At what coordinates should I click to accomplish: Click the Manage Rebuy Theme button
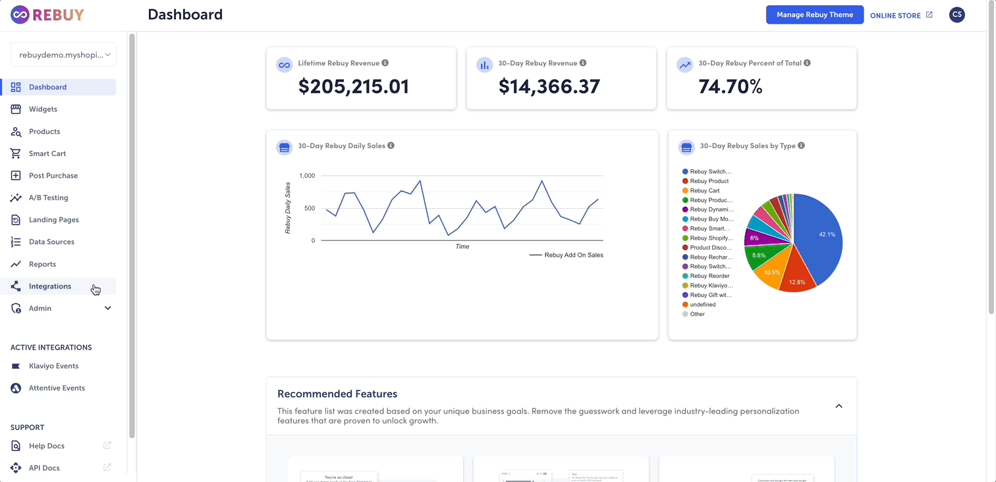point(814,14)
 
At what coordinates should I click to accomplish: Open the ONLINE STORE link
point(900,15)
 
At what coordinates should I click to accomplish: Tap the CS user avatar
point(956,14)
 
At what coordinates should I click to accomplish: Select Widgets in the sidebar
point(43,109)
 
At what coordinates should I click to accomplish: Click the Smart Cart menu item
point(47,153)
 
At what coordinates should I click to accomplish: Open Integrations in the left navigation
point(49,286)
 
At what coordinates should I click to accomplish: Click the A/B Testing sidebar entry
point(48,198)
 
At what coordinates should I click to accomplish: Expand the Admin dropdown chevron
point(107,308)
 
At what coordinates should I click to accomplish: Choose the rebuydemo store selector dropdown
point(63,55)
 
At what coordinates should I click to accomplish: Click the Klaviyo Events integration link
point(53,366)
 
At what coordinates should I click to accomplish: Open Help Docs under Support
point(46,446)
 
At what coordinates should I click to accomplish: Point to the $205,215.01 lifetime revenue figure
point(353,86)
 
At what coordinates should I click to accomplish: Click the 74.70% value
point(730,86)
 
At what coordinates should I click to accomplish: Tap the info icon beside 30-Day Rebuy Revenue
point(583,63)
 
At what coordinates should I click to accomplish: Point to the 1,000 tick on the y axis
point(307,176)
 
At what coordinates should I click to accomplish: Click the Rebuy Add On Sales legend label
point(573,255)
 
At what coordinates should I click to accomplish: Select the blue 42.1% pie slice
point(820,237)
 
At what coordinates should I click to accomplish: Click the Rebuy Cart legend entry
point(704,191)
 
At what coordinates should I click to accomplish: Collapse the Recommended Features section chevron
point(839,406)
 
